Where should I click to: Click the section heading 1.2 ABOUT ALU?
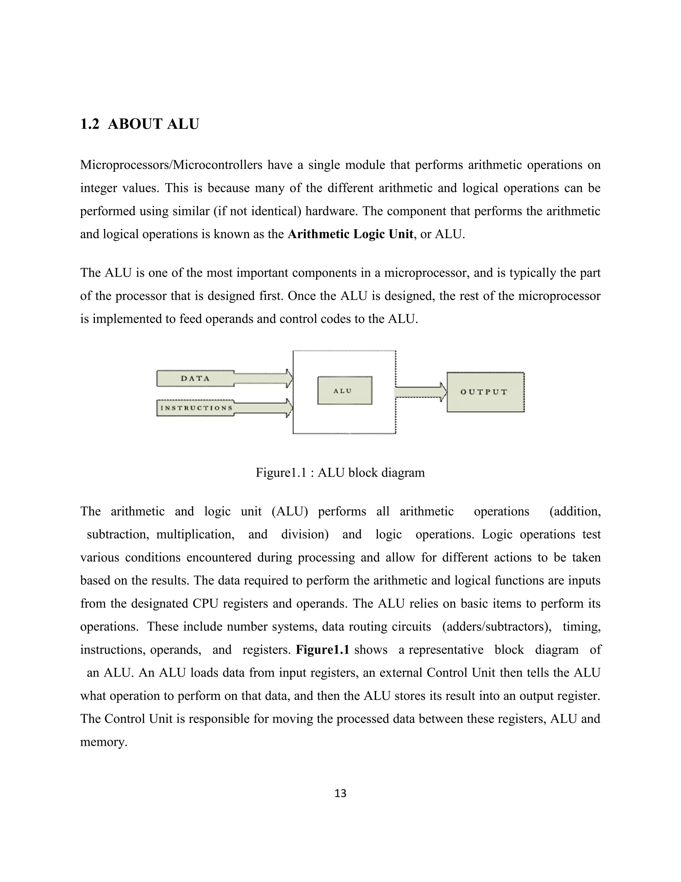click(139, 124)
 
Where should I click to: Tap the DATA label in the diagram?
click(195, 378)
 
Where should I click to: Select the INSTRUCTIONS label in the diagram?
click(197, 408)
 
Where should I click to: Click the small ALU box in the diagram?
click(344, 390)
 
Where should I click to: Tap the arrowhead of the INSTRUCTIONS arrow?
click(288, 408)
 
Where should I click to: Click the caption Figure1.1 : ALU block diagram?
click(340, 473)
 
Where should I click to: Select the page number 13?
click(340, 793)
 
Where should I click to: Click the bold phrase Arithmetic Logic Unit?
click(350, 234)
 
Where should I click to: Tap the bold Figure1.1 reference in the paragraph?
click(322, 650)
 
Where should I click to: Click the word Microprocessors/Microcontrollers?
click(171, 165)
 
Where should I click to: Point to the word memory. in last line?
click(104, 742)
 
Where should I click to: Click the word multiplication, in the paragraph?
click(195, 534)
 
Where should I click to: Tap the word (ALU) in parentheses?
click(290, 511)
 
